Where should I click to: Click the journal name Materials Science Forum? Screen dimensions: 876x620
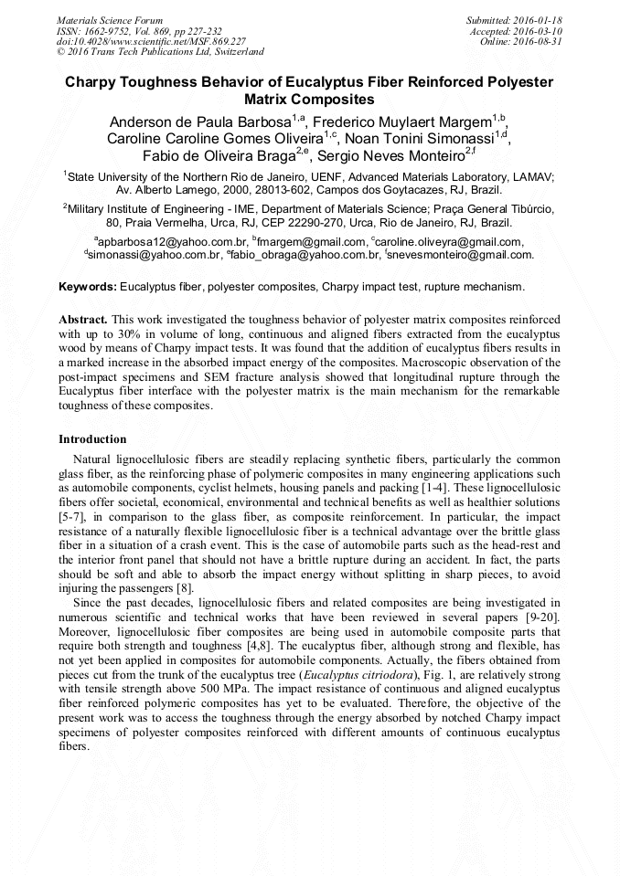coord(110,19)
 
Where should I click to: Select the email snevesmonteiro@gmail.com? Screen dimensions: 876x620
coord(462,256)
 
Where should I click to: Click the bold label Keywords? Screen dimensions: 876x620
coord(88,287)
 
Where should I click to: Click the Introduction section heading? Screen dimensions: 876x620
coord(92,439)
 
